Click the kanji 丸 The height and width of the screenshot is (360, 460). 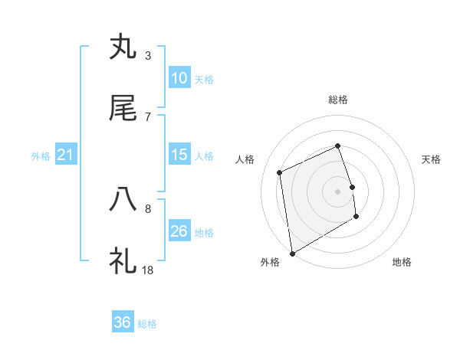click(123, 47)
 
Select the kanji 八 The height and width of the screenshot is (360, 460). click(123, 200)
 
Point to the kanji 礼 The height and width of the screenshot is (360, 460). click(123, 260)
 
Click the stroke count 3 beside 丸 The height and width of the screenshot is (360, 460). click(147, 55)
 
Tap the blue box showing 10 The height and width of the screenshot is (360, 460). click(179, 78)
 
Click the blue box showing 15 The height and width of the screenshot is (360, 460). click(179, 155)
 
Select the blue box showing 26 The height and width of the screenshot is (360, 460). click(179, 231)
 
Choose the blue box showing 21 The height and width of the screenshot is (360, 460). click(66, 155)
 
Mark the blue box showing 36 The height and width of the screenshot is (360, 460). click(123, 322)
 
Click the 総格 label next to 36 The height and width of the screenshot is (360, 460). click(147, 324)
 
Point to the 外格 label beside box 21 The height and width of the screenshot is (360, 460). click(41, 156)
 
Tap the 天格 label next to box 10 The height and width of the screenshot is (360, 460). click(204, 80)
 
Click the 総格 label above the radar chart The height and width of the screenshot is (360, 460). click(338, 100)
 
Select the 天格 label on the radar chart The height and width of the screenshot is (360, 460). click(432, 159)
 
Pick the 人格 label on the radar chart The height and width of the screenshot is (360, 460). click(245, 159)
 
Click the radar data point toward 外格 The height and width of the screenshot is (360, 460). click(292, 253)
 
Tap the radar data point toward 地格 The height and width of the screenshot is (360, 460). click(356, 217)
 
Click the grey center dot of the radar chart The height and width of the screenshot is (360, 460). click(338, 191)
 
